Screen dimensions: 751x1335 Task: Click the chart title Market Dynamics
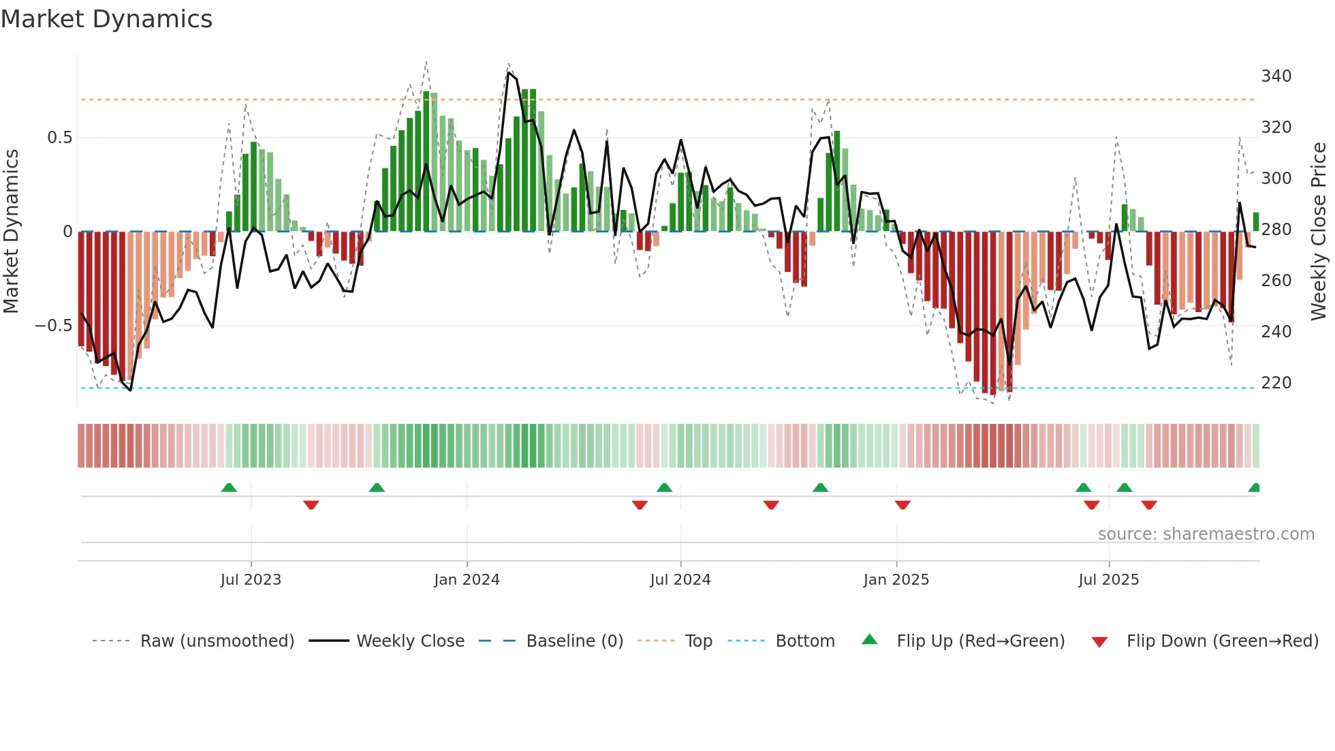point(106,19)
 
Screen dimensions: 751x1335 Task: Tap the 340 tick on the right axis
point(1276,76)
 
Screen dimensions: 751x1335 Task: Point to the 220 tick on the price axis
point(1276,382)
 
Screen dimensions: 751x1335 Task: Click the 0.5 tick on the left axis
point(59,138)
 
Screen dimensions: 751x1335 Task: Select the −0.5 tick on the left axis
point(54,325)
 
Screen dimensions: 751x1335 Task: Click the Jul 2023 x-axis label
point(251,580)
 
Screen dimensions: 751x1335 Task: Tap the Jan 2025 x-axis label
point(896,580)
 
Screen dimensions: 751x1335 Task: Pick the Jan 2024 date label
point(467,580)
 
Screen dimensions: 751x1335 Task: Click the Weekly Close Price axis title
point(1319,231)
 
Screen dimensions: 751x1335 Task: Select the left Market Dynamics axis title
point(11,231)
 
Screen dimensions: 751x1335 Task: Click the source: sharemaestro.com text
point(1206,534)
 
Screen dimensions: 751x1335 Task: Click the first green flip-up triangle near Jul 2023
point(229,487)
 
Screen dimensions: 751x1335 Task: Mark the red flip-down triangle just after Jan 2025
point(902,505)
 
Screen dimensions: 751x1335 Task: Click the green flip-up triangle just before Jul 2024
point(664,487)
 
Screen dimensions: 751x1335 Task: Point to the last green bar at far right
point(1255,222)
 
